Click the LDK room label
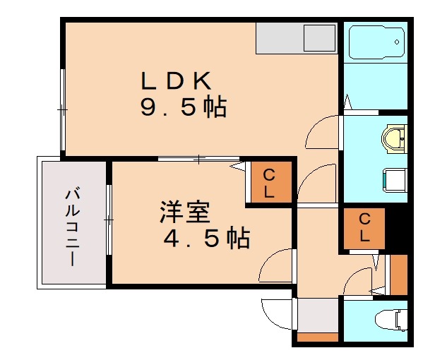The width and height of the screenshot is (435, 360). tap(176, 80)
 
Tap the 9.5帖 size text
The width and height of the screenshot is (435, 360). tap(184, 107)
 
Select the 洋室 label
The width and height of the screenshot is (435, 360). tap(185, 212)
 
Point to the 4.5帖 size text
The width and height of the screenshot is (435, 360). tap(207, 238)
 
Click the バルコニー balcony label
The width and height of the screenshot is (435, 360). tap(73, 227)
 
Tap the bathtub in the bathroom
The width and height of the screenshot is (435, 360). tap(376, 42)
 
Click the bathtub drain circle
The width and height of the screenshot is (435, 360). tap(397, 42)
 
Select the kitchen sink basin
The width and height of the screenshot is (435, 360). tap(319, 38)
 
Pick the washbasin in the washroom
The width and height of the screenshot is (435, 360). tap(394, 138)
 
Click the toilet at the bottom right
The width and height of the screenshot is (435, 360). tap(391, 320)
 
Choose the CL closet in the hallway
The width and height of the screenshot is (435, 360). tap(364, 229)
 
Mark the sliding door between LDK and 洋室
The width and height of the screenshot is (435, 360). tap(198, 159)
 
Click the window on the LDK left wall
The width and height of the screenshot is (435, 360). tap(63, 110)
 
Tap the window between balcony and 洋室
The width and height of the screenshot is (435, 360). tap(109, 220)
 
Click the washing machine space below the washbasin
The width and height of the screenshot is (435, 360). tap(395, 180)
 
